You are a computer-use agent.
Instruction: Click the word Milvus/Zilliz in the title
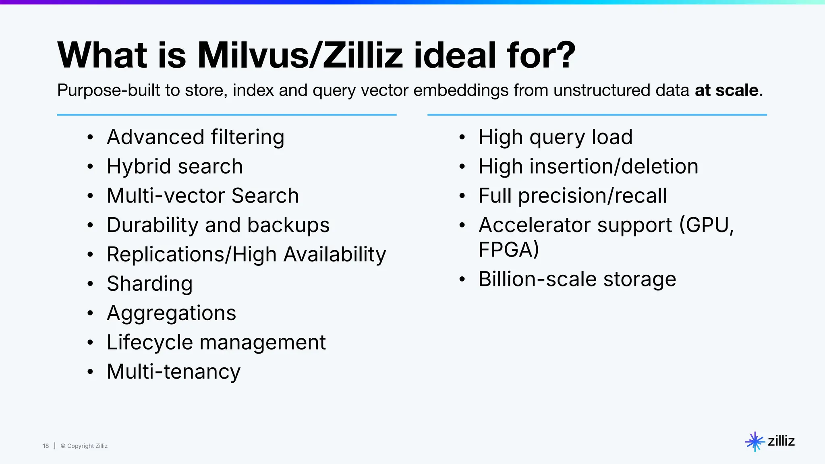tap(300, 55)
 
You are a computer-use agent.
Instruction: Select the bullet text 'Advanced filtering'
tap(195, 137)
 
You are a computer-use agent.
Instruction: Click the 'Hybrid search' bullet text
tap(175, 166)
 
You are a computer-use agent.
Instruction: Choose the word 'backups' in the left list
tap(288, 225)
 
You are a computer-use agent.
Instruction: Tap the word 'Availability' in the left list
tap(335, 255)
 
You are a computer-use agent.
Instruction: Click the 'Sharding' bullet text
tap(149, 284)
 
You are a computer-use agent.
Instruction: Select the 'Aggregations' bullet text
tap(171, 313)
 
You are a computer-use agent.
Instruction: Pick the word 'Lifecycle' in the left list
tap(150, 343)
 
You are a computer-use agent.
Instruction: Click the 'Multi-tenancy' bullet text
tap(174, 372)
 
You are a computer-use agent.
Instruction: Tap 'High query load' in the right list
tap(556, 137)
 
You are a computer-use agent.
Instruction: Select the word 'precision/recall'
tap(592, 196)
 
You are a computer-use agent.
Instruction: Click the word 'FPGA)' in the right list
tap(508, 249)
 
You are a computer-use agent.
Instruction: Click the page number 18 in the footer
tap(46, 446)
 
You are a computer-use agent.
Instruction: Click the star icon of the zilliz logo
tap(755, 441)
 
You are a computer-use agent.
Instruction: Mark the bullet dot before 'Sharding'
tap(90, 284)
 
